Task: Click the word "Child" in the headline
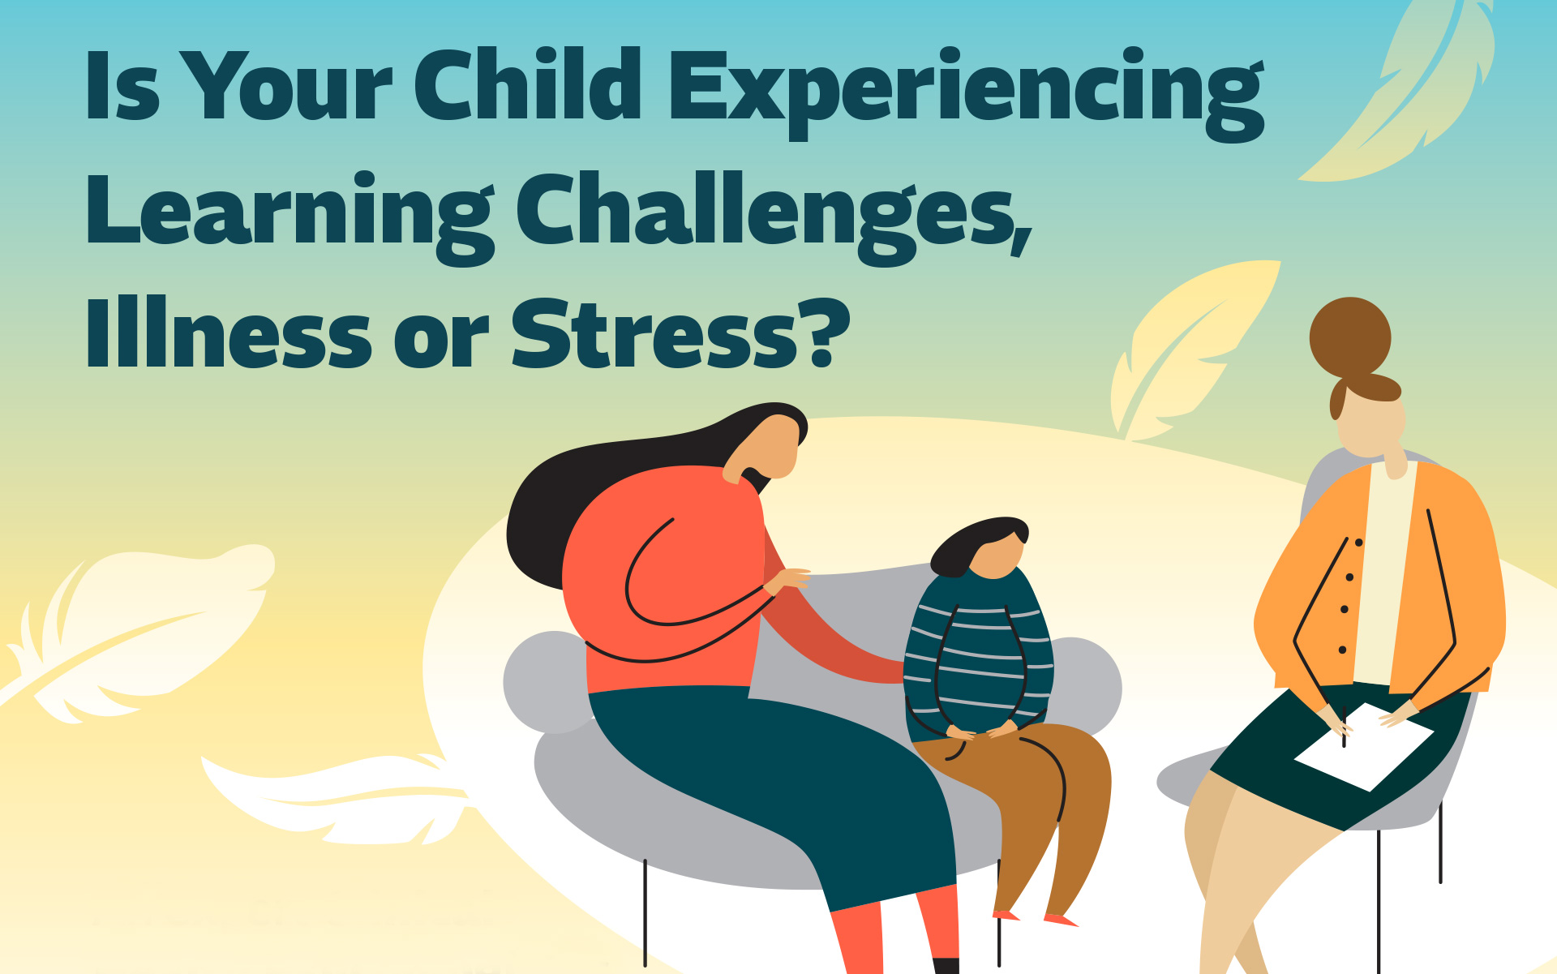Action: (528, 84)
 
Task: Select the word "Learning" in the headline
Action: (290, 217)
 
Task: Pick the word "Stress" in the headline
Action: (654, 333)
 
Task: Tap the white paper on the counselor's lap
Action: (1364, 746)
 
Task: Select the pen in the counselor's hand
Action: (1344, 727)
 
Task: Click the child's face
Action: (996, 556)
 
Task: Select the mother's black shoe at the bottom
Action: (946, 966)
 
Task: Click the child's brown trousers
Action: (1022, 811)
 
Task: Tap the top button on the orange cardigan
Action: (1359, 543)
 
